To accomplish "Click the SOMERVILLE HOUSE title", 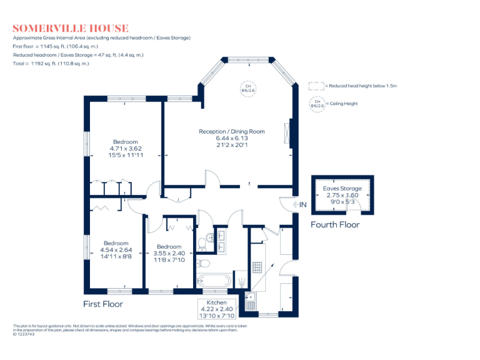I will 71,28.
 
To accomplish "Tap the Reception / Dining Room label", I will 232,131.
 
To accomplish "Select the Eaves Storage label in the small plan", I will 342,188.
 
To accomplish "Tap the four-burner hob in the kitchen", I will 257,267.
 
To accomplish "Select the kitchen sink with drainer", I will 251,301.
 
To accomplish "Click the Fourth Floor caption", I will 335,224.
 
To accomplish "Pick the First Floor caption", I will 103,304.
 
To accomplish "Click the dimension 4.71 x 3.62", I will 125,148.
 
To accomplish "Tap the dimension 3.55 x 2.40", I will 169,253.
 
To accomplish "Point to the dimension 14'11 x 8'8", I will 116,256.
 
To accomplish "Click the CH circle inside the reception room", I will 248,88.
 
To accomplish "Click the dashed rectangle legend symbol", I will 317,85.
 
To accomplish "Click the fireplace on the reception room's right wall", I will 288,132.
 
